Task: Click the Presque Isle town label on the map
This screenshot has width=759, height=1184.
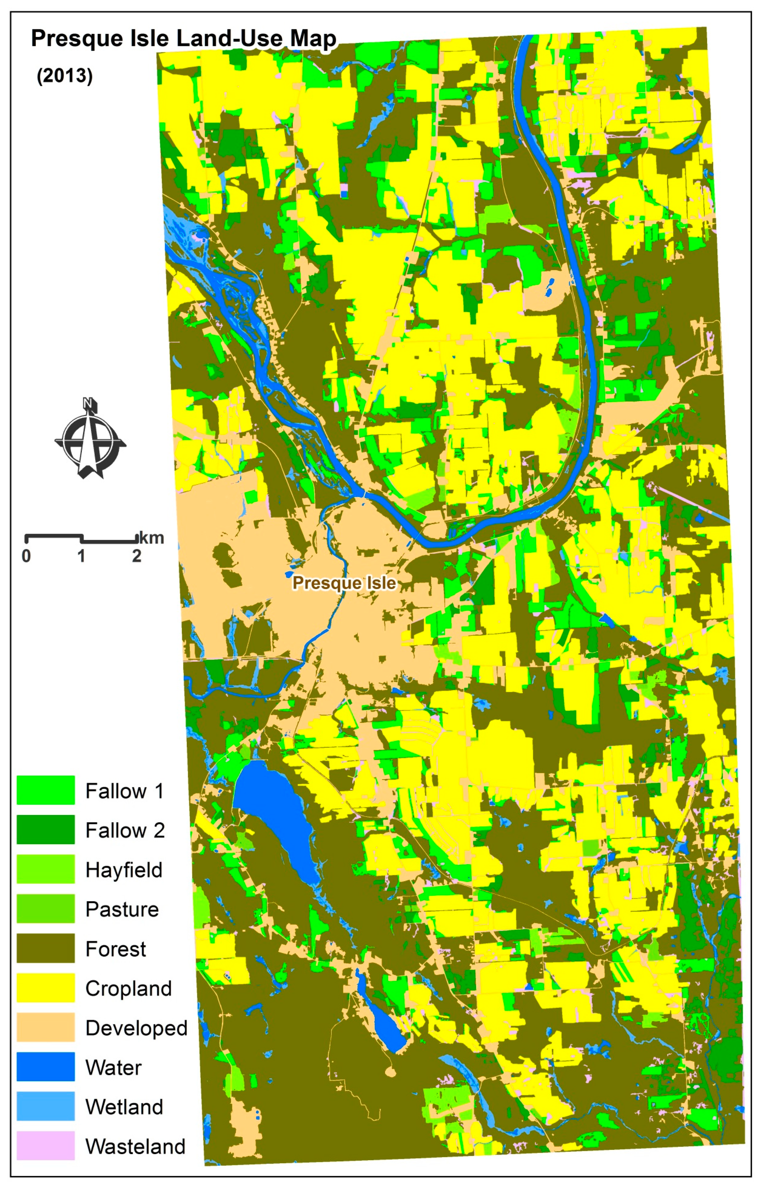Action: (344, 583)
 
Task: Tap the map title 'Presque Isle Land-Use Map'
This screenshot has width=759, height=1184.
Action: (183, 39)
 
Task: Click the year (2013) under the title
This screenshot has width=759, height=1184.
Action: (65, 76)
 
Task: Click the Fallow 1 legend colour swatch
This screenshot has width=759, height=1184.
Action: (45, 790)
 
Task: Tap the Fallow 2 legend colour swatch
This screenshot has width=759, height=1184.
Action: (45, 829)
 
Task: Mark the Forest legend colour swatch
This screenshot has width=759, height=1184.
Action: (45, 948)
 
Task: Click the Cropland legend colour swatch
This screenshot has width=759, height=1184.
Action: (45, 987)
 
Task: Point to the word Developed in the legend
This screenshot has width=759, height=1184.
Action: (136, 1028)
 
